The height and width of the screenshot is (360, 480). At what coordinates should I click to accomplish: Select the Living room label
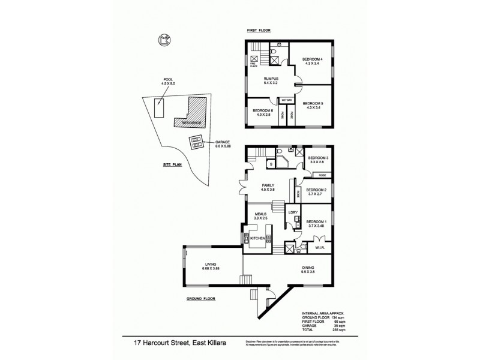[x=211, y=265]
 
